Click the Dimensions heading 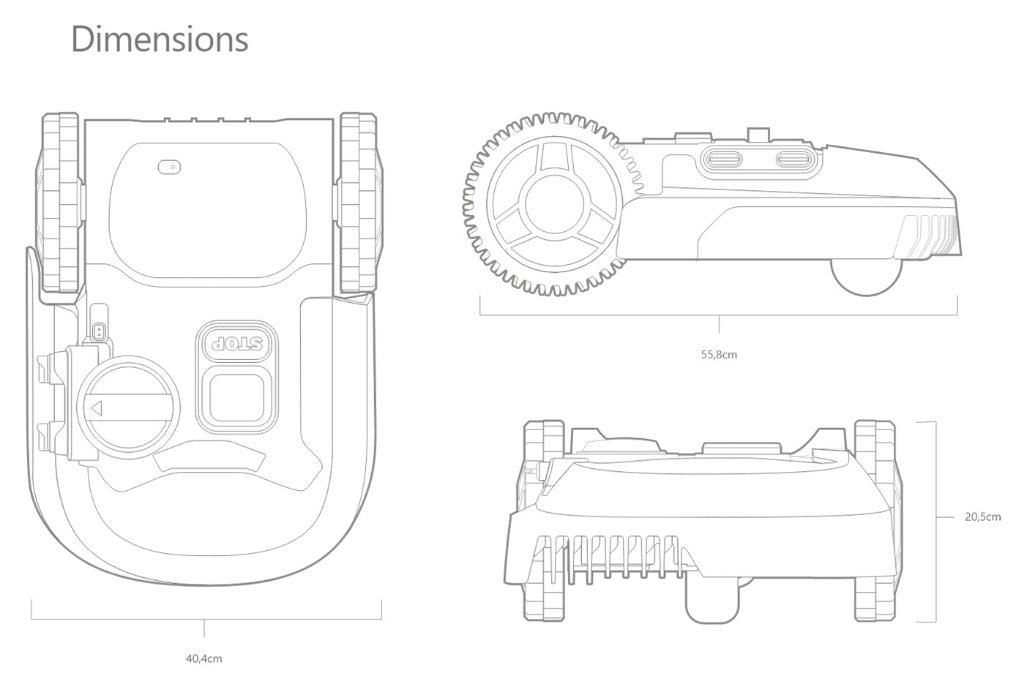click(160, 40)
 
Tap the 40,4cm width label click(203, 658)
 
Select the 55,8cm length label click(719, 355)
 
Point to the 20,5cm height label click(982, 517)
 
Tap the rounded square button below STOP click(237, 397)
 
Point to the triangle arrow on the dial click(95, 407)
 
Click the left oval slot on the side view click(722, 159)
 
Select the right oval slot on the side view click(793, 159)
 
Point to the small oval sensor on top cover click(169, 168)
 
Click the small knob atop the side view click(757, 135)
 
